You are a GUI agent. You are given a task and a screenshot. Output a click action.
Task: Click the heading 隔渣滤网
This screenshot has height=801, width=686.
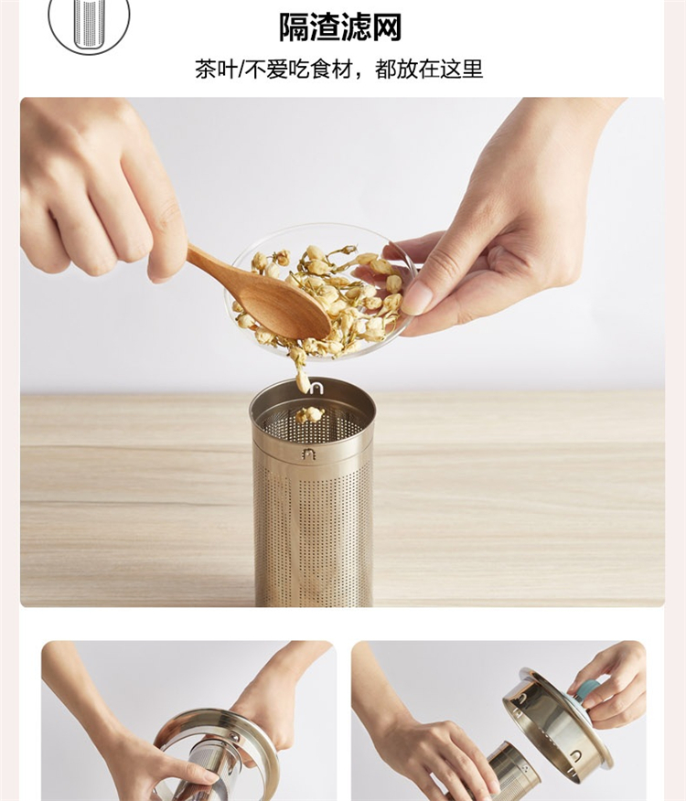(340, 27)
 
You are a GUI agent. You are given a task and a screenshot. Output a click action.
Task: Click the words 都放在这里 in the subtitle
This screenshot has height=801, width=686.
(428, 69)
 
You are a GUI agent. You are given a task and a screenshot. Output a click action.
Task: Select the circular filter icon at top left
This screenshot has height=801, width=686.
(89, 20)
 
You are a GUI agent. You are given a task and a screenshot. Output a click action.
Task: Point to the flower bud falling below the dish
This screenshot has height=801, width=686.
(303, 380)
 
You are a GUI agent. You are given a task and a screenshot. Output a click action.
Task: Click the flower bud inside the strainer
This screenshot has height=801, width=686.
(309, 414)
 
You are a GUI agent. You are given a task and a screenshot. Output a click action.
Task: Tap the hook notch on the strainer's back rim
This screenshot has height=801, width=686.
(316, 389)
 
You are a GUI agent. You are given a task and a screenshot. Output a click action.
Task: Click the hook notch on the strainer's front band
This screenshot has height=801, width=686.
(308, 454)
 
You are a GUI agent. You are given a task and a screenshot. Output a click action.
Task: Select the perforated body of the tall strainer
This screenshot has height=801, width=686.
(313, 531)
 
